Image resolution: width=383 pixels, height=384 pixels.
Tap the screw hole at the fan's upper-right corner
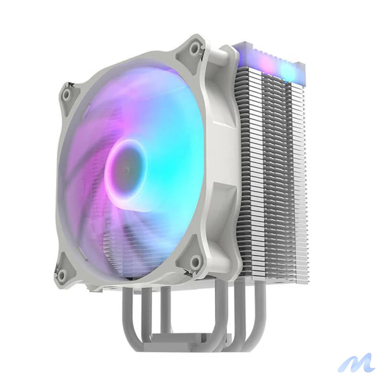(x=194, y=48)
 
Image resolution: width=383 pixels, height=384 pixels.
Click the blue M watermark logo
(x=356, y=363)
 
